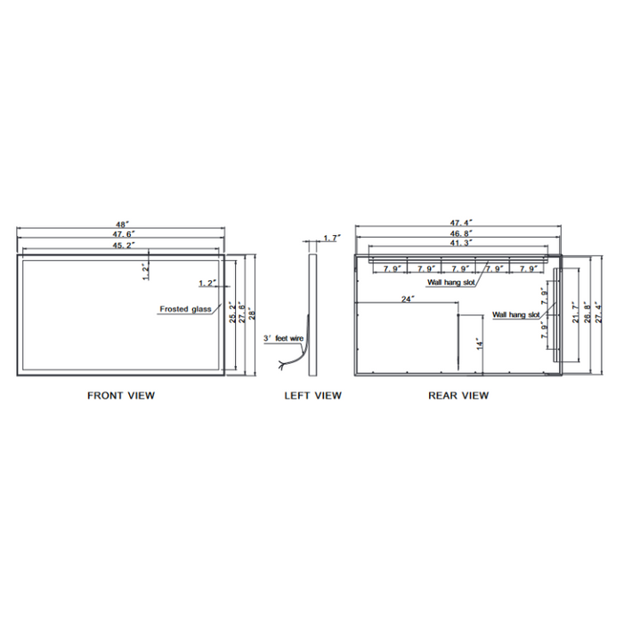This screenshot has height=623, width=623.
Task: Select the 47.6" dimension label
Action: (122, 233)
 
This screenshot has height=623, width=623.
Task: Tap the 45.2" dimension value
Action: (122, 244)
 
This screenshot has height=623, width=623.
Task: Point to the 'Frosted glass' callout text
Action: (185, 309)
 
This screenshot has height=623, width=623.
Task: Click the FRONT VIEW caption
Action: (120, 395)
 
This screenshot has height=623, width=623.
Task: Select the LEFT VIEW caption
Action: (312, 395)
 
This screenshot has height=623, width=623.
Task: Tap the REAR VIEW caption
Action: (457, 395)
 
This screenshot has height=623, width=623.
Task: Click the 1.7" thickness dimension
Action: (331, 239)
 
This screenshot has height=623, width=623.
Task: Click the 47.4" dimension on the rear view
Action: (459, 222)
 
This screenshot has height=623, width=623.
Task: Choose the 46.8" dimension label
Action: (459, 232)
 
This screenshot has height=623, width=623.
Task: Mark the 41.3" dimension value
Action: (459, 242)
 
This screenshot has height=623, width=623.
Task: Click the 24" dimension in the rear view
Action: (408, 299)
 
